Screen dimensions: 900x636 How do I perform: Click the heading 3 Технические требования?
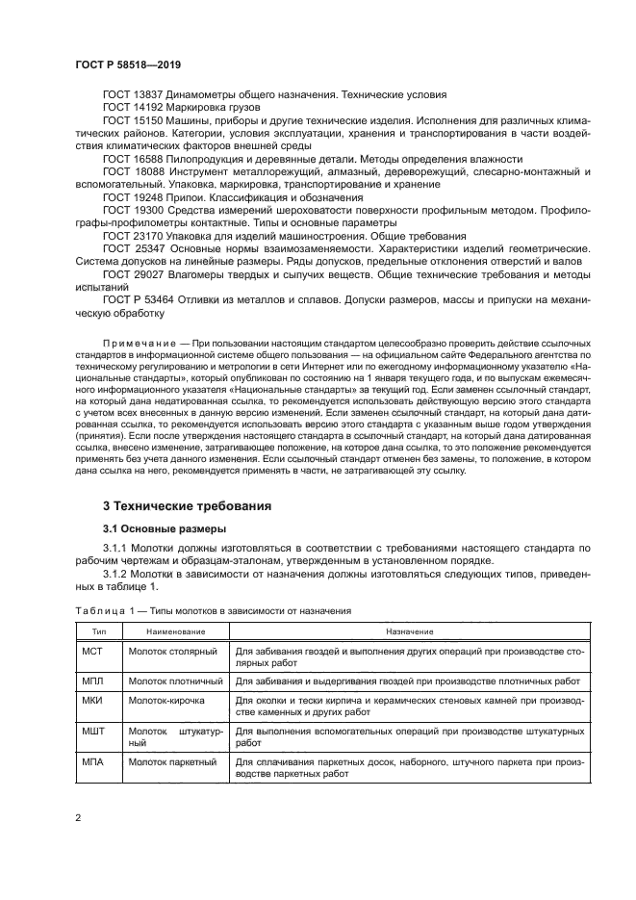[x=187, y=505]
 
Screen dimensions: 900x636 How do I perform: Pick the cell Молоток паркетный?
[x=173, y=760]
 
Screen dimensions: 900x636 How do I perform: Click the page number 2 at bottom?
[x=77, y=818]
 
